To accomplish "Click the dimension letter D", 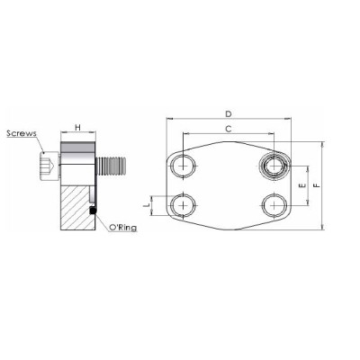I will (x=229, y=113).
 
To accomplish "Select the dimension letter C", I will (x=229, y=130).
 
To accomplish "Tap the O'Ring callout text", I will (x=121, y=229).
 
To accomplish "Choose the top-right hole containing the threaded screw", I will (x=273, y=165).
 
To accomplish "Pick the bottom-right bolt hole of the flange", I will (x=273, y=204).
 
